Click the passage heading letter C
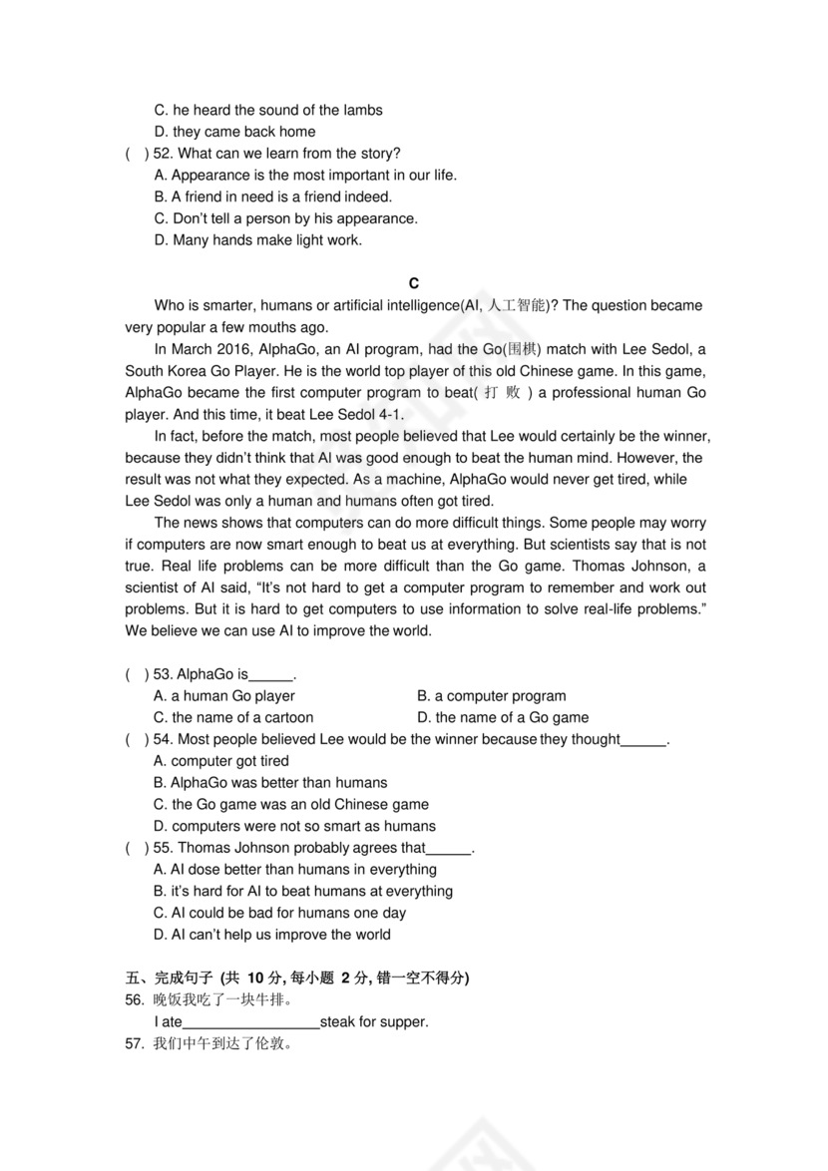coord(414,284)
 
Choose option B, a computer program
coord(492,696)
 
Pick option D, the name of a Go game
coord(503,718)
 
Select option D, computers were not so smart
coord(295,827)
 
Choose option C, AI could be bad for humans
coord(280,914)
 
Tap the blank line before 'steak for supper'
coord(251,1022)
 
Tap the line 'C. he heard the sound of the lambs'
coord(268,111)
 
